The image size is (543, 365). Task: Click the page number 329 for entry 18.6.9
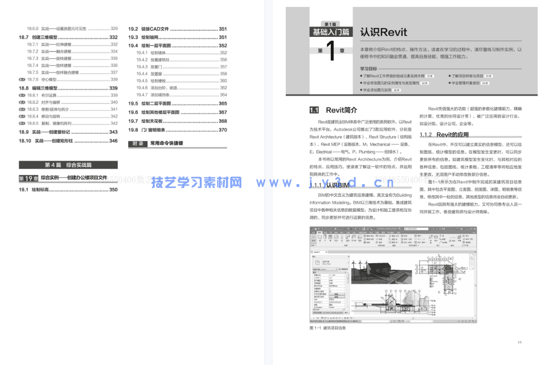(x=114, y=29)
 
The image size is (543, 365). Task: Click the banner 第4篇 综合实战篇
(x=68, y=165)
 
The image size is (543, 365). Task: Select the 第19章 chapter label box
(x=28, y=179)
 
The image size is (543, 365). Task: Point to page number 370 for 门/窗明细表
(x=223, y=130)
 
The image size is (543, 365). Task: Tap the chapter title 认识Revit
(x=384, y=32)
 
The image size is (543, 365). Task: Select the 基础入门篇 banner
(x=331, y=32)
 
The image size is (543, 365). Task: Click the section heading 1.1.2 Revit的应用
(x=444, y=135)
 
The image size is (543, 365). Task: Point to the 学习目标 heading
(x=368, y=69)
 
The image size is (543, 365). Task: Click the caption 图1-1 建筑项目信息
(x=328, y=328)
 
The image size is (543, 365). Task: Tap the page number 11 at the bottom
(x=520, y=343)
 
